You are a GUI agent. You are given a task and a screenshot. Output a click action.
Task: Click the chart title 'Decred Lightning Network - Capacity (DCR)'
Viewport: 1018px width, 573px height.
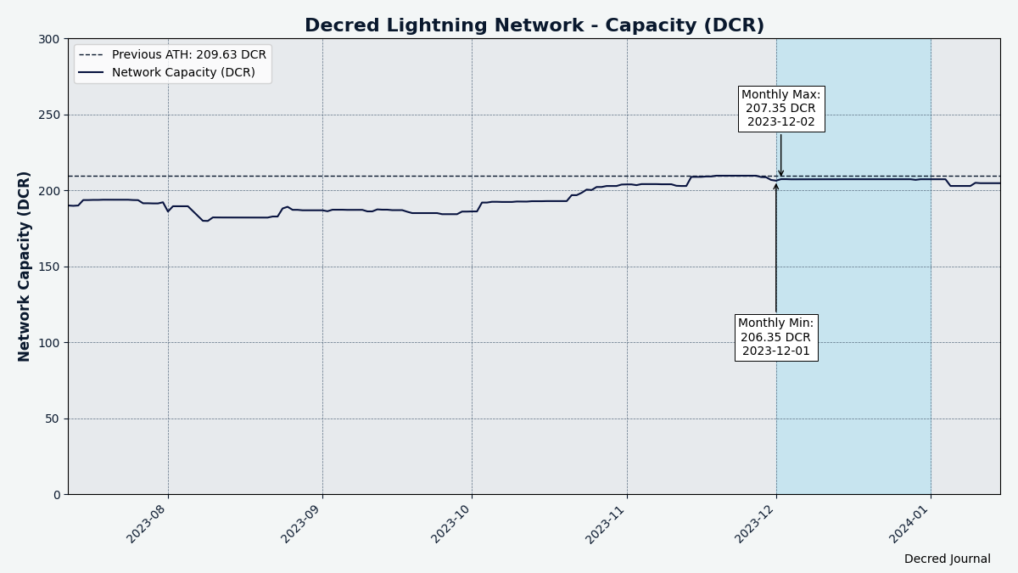click(534, 26)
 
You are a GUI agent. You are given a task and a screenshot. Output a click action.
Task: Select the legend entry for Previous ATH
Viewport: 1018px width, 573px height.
click(188, 55)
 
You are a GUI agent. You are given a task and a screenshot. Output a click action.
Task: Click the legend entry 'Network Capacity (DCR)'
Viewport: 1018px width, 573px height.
click(182, 73)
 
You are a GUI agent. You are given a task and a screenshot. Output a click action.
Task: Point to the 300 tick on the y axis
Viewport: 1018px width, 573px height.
click(49, 39)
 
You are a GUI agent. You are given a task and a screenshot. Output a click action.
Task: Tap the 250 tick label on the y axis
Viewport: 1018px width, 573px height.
click(49, 115)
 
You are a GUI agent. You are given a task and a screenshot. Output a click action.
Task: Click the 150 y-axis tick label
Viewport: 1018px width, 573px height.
click(49, 267)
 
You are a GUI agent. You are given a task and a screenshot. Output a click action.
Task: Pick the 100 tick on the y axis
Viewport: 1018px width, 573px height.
click(49, 343)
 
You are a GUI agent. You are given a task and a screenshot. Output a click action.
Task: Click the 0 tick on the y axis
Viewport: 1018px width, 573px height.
click(56, 495)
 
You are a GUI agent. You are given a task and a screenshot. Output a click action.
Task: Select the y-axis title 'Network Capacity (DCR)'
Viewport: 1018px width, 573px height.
click(25, 267)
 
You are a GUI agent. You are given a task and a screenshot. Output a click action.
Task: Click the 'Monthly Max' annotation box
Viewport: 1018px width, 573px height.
click(780, 109)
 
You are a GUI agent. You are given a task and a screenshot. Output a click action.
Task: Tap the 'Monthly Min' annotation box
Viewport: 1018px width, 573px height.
click(775, 337)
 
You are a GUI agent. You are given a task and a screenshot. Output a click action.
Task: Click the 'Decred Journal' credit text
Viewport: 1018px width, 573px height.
click(947, 559)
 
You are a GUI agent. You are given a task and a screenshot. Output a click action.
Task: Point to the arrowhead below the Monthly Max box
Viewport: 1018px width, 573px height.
click(781, 174)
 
